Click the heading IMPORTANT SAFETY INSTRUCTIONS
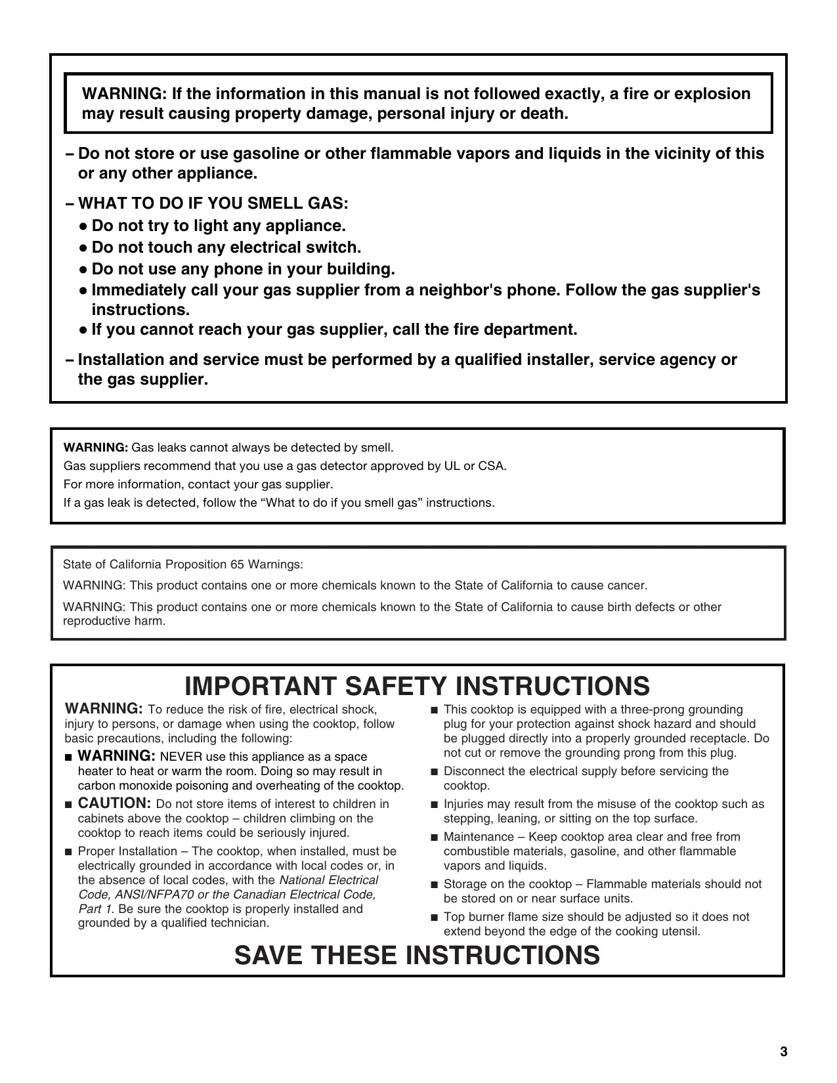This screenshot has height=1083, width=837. pos(418,686)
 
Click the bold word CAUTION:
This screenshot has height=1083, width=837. pos(115,803)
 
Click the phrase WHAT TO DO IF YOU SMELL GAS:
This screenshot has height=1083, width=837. pos(213,203)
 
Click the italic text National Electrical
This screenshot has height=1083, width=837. pos(329,880)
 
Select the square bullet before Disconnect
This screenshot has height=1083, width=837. pos(434,772)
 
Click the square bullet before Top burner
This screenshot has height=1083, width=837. pos(434,918)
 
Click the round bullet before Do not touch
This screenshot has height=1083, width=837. pos(83,248)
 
